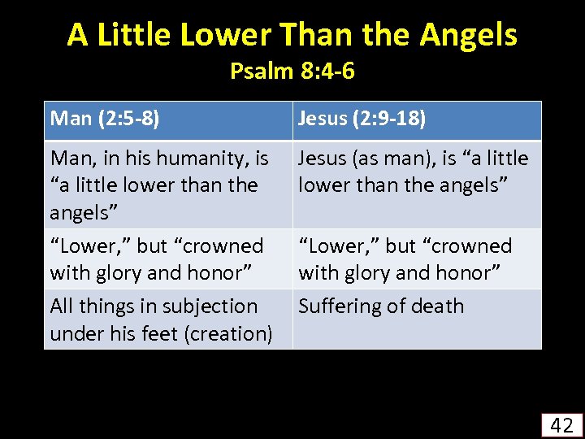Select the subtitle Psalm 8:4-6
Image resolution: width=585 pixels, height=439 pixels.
point(292,72)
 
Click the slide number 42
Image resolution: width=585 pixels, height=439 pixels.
point(561,424)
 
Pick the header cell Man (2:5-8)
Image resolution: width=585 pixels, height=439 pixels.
point(104,119)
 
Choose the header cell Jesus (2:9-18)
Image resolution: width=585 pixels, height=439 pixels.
point(362,119)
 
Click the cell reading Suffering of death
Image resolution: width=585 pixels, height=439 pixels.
point(381,306)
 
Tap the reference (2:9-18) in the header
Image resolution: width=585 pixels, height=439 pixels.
point(388,119)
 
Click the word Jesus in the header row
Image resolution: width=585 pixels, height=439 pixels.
point(323,119)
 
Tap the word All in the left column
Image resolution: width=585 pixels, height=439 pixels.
point(61,306)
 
